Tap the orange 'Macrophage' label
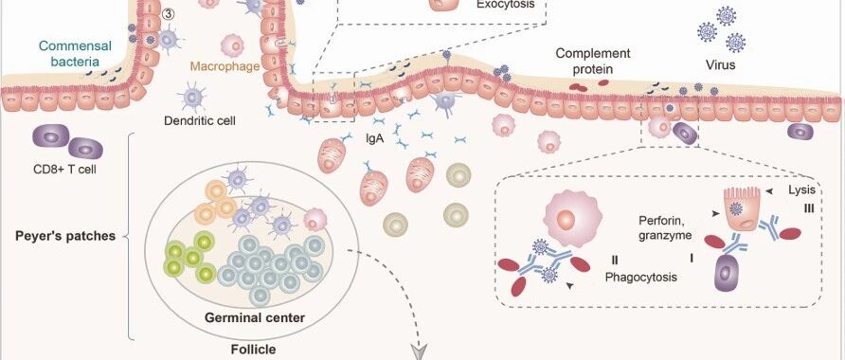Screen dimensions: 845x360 pyautogui.click(x=225, y=67)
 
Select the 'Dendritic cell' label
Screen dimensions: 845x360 pyautogui.click(x=199, y=119)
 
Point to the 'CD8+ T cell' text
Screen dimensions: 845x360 pyautogui.click(x=64, y=171)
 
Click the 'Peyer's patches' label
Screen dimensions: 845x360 pyautogui.click(x=65, y=236)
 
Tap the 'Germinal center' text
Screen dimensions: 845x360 pyautogui.click(x=255, y=317)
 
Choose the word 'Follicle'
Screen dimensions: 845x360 pyautogui.click(x=253, y=350)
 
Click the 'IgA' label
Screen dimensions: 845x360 pyautogui.click(x=374, y=138)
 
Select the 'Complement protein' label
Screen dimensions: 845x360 pyautogui.click(x=593, y=62)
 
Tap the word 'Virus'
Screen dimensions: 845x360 pyautogui.click(x=721, y=65)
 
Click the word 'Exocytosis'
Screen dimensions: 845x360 pyautogui.click(x=506, y=5)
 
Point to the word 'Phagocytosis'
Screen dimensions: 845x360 pyautogui.click(x=640, y=278)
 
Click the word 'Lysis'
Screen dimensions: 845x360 pyautogui.click(x=801, y=189)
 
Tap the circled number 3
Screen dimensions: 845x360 pyautogui.click(x=168, y=15)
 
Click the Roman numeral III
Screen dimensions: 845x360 pyautogui.click(x=808, y=208)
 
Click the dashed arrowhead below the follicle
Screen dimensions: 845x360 pyautogui.click(x=419, y=351)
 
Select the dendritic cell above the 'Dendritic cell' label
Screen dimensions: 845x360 pyautogui.click(x=192, y=97)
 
